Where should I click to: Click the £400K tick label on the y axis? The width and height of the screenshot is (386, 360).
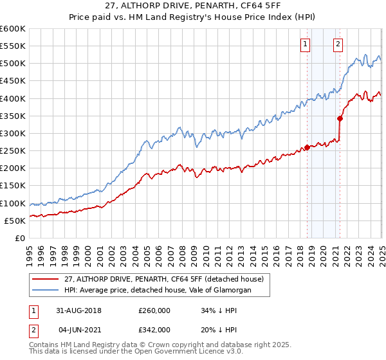pos(12,98)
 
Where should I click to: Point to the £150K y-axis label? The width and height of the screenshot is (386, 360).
pos(12,186)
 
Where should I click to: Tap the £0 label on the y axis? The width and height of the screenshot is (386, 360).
pos(20,239)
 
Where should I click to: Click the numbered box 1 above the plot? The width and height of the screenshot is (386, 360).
pos(305,44)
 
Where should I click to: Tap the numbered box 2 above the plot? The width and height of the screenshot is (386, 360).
pos(338,44)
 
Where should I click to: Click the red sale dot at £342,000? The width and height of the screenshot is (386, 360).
pos(340,118)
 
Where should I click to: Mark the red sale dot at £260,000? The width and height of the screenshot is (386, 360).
pos(307,147)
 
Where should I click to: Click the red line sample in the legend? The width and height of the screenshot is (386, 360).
pos(45,279)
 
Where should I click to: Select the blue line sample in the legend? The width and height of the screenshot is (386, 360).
pos(45,290)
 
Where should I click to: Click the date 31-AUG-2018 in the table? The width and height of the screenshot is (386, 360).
pos(80,311)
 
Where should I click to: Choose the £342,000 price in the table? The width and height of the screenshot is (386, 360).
pos(154,329)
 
